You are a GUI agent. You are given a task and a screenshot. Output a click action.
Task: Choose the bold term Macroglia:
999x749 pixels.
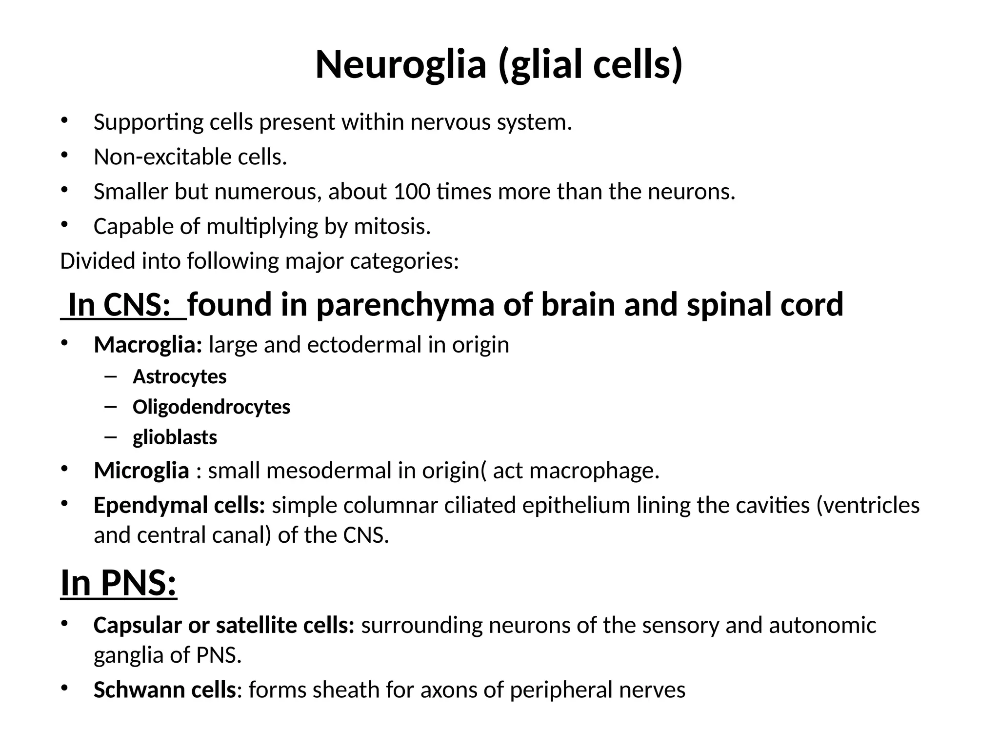click(148, 345)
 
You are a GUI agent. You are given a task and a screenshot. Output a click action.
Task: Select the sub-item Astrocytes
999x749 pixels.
click(180, 377)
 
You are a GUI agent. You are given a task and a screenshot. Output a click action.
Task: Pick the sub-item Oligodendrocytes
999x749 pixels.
click(211, 407)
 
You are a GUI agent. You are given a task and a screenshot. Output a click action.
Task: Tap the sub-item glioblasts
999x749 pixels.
click(175, 437)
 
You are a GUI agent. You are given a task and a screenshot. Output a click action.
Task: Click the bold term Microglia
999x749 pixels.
click(141, 471)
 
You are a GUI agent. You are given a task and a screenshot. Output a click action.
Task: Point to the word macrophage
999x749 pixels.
click(591, 471)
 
